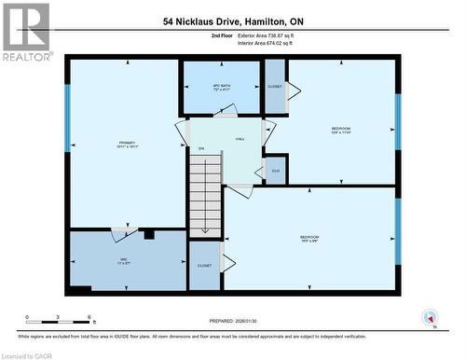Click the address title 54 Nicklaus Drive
click(233, 20)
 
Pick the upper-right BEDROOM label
click(342, 130)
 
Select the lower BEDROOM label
click(309, 238)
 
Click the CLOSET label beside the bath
click(275, 86)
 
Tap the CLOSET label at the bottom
click(205, 266)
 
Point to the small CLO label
click(275, 171)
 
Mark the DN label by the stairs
click(200, 149)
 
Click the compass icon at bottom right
click(430, 317)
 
